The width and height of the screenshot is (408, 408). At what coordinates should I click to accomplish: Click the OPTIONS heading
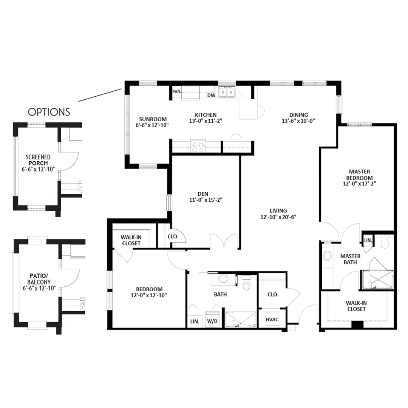click(x=49, y=112)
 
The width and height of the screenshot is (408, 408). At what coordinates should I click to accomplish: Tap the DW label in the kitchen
click(x=211, y=96)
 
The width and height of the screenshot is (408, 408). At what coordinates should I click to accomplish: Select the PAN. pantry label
click(x=177, y=91)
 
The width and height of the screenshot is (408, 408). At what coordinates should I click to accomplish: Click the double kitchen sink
click(x=227, y=92)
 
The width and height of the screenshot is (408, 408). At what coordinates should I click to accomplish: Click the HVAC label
click(x=272, y=320)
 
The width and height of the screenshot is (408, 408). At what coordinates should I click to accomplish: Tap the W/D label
click(x=212, y=321)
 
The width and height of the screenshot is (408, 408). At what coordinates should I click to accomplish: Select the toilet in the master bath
click(x=384, y=242)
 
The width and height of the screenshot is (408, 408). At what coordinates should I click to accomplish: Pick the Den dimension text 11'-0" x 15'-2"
click(x=206, y=200)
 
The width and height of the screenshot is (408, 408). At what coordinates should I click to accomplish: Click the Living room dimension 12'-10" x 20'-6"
click(x=278, y=217)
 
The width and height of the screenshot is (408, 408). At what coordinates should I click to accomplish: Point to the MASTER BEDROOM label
click(x=359, y=175)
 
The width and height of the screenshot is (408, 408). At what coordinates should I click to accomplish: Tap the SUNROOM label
click(x=153, y=119)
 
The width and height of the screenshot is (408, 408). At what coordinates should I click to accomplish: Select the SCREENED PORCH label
click(x=38, y=160)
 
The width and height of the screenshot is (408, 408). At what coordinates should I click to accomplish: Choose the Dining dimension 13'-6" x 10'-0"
click(x=298, y=121)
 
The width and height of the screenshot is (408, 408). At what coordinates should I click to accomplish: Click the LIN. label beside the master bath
click(x=368, y=241)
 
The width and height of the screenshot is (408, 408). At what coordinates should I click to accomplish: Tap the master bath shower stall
click(x=377, y=280)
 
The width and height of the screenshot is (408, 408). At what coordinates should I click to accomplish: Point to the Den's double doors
click(x=224, y=241)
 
